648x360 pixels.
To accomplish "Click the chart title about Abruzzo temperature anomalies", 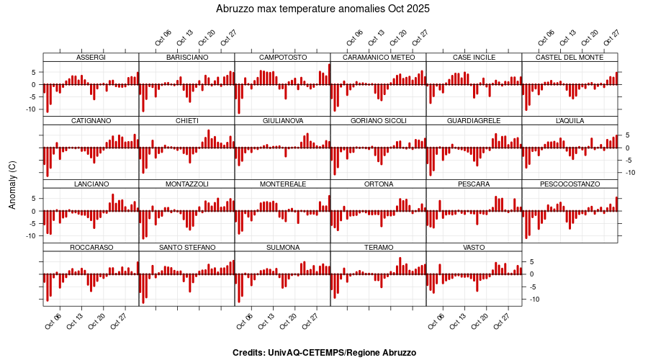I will pyautogui.click(x=323, y=9).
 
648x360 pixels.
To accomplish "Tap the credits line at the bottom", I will pyautogui.click(x=324, y=353).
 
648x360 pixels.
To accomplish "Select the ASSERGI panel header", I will pyautogui.click(x=91, y=57).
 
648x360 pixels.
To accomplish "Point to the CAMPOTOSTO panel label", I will pyautogui.click(x=282, y=57).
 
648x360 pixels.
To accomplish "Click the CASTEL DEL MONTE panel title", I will pyautogui.click(x=570, y=57).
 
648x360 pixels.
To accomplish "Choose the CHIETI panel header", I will pyautogui.click(x=186, y=120).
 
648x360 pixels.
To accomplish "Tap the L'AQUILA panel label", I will pyautogui.click(x=570, y=120).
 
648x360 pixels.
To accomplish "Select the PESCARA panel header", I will pyautogui.click(x=474, y=184).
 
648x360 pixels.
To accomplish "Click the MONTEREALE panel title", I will pyautogui.click(x=282, y=184).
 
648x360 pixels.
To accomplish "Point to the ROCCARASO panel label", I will pyautogui.click(x=91, y=248).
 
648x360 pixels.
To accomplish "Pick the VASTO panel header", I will pyautogui.click(x=474, y=248).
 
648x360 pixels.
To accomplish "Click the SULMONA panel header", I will pyautogui.click(x=282, y=248).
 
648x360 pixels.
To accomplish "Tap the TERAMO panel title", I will pyautogui.click(x=378, y=248).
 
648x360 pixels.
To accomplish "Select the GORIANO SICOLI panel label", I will pyautogui.click(x=378, y=120).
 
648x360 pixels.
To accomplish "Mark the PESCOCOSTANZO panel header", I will pyautogui.click(x=570, y=184).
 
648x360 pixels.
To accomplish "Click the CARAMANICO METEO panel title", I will pyautogui.click(x=378, y=57).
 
